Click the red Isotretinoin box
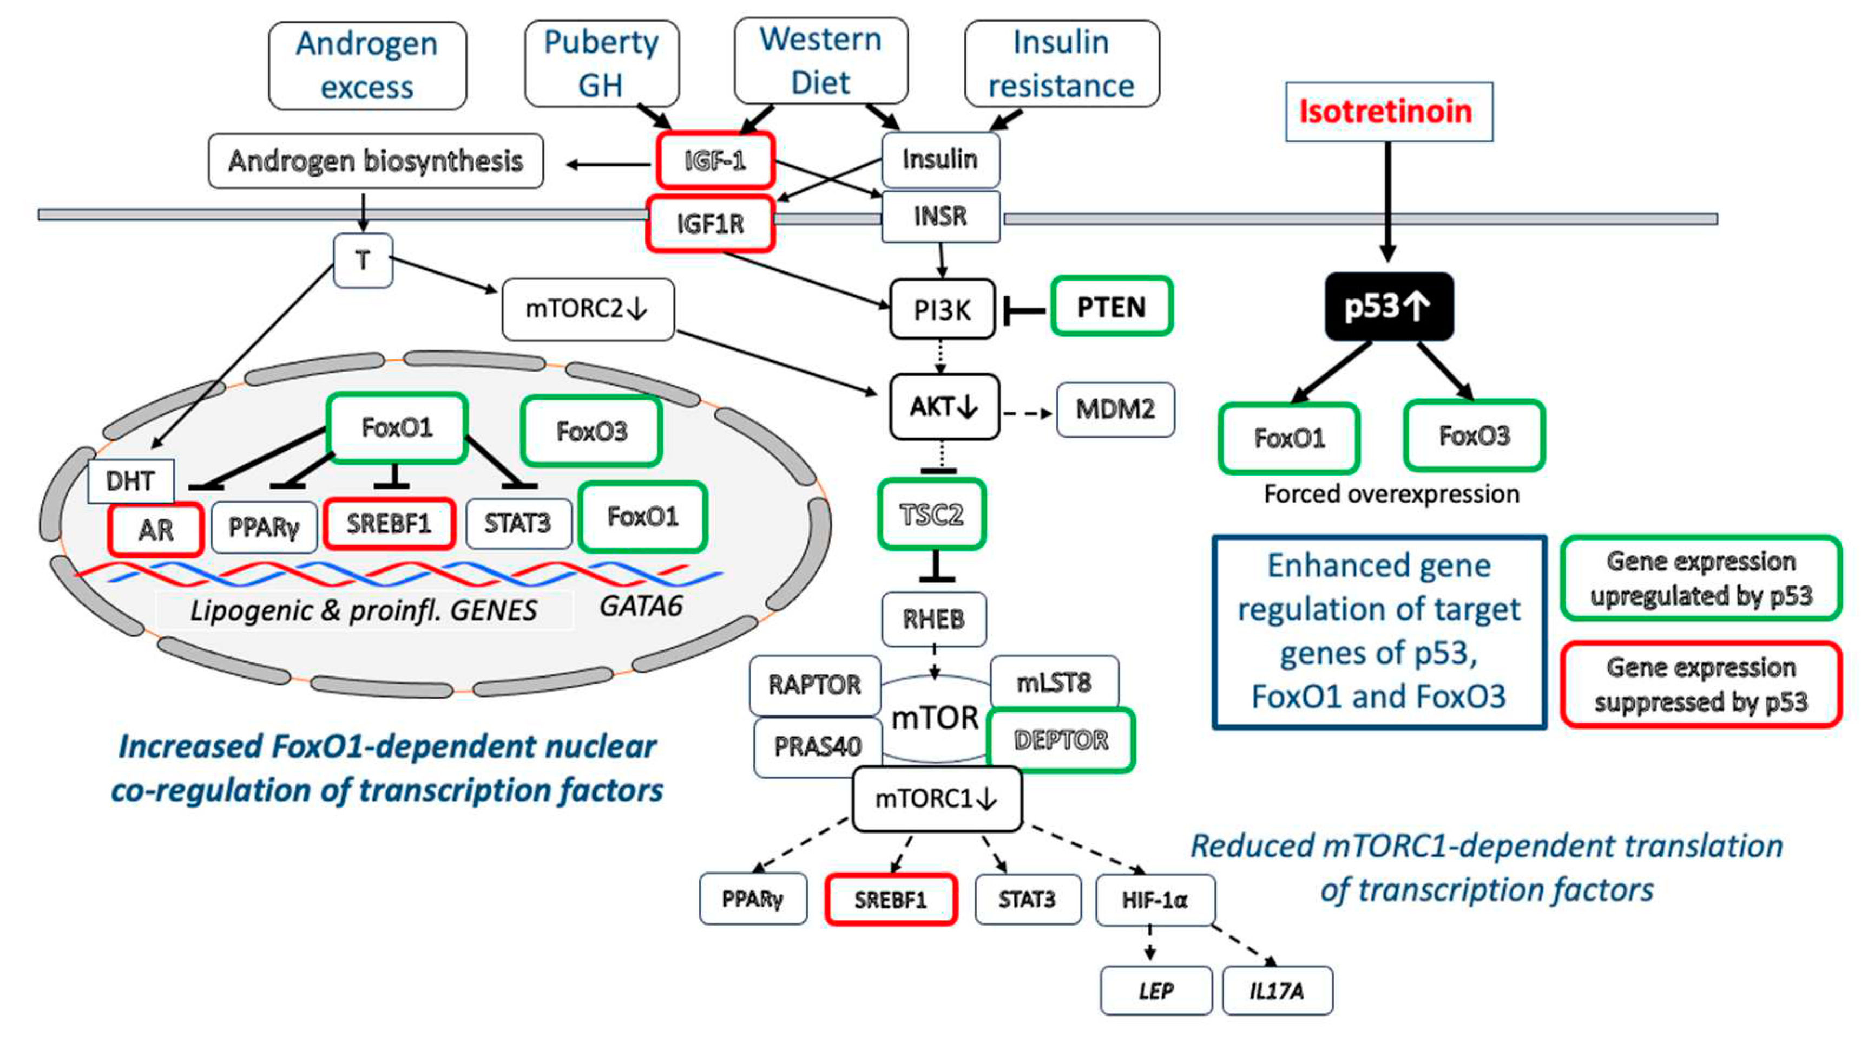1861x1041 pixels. pos(1388,112)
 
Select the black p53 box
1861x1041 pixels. pos(1388,307)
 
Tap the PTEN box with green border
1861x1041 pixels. pos(1111,307)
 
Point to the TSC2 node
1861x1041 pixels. pos(932,514)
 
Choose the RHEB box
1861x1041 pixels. pos(933,620)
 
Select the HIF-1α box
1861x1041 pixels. pos(1154,900)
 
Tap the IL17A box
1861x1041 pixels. pos(1277,991)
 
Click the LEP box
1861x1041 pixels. pos(1155,991)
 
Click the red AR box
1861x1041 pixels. pos(155,530)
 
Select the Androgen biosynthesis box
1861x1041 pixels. pos(376,160)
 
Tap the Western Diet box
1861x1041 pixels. pos(821,61)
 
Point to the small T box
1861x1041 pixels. pos(363,260)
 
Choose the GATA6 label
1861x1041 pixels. pos(641,606)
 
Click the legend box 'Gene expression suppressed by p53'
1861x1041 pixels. pos(1701,684)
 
